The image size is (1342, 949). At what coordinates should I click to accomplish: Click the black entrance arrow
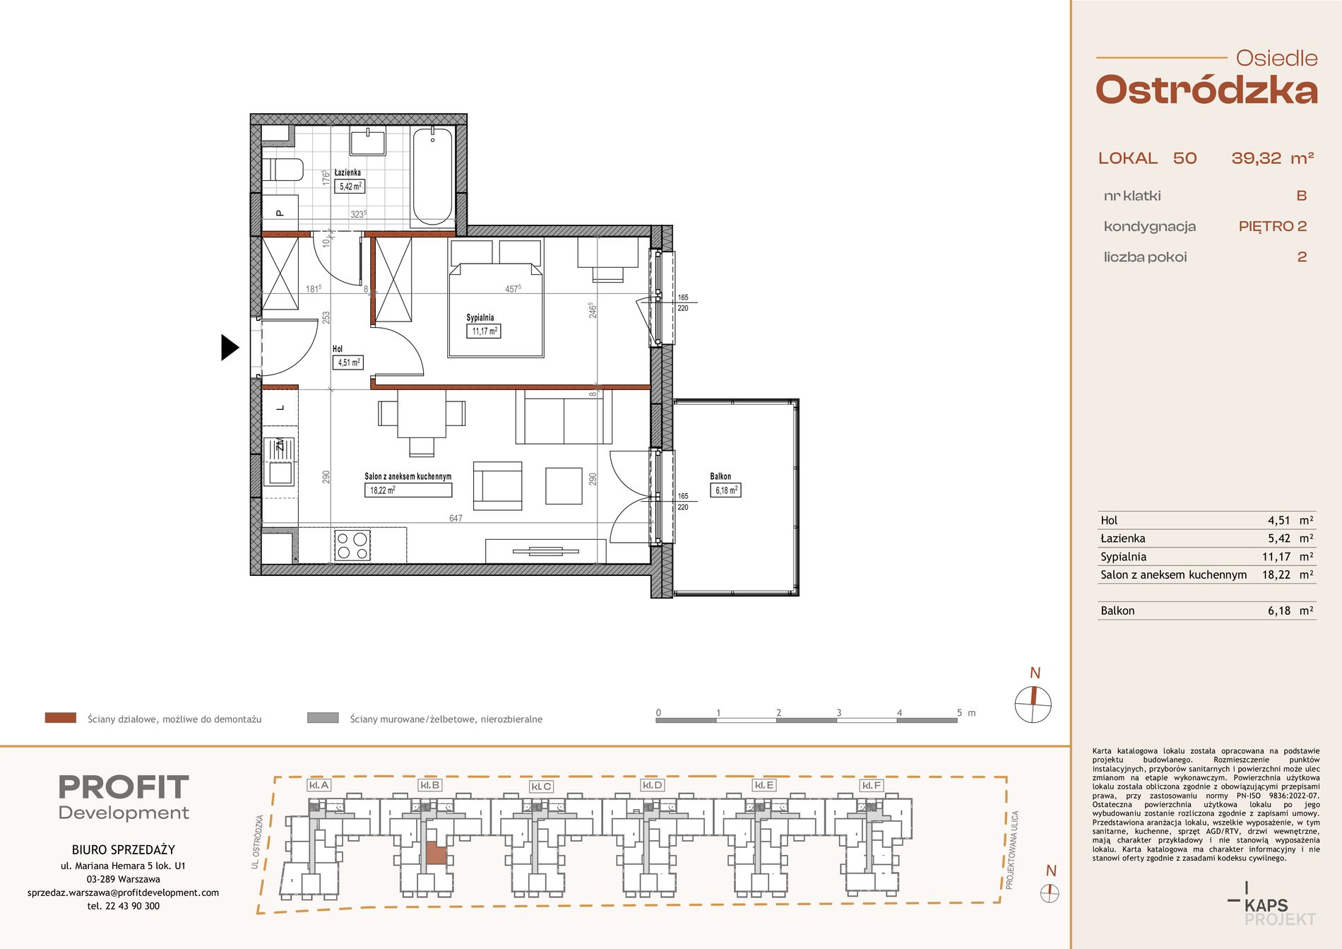(230, 347)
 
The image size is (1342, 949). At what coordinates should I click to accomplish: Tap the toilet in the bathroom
(283, 170)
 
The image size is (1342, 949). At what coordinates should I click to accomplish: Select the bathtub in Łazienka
(432, 176)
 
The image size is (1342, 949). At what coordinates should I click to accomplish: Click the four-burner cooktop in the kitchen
(352, 545)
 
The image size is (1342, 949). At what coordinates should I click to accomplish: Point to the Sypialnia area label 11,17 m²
(484, 331)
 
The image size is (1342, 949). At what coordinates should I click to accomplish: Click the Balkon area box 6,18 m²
(725, 490)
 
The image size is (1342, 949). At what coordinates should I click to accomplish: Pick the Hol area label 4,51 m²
(348, 362)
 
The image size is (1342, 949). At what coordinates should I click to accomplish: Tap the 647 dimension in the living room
(456, 518)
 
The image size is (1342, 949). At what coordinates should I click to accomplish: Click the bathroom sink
(368, 141)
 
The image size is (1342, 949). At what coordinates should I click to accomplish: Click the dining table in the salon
(422, 414)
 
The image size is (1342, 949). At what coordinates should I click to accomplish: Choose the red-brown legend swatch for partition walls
(61, 718)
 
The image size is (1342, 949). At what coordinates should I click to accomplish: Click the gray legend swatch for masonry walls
(323, 718)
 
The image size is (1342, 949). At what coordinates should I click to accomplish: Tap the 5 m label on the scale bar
(966, 712)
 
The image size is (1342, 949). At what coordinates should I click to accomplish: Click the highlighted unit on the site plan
(436, 853)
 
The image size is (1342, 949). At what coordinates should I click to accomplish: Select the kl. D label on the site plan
(653, 785)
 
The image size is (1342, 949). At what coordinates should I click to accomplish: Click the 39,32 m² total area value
(1273, 158)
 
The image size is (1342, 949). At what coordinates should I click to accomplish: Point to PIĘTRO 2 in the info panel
(1273, 226)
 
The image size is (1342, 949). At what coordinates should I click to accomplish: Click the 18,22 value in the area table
(1276, 574)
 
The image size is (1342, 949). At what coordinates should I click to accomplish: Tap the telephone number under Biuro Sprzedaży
(124, 906)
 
